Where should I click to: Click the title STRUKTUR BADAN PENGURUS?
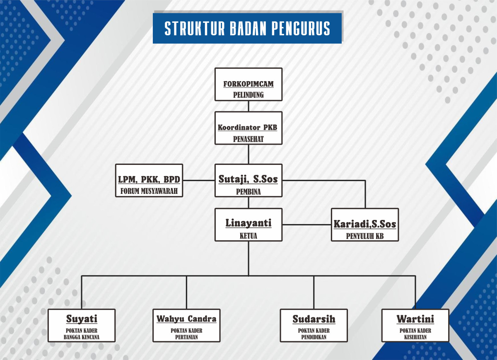click(x=247, y=28)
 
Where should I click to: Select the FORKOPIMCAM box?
click(x=248, y=85)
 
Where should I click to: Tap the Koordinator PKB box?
click(x=248, y=128)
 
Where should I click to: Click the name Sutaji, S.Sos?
click(x=248, y=179)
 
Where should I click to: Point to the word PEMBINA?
click(x=248, y=192)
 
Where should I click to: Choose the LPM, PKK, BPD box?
click(x=149, y=181)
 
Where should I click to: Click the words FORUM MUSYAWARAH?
click(x=149, y=191)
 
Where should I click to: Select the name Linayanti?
click(x=248, y=223)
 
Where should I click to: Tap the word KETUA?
click(x=248, y=236)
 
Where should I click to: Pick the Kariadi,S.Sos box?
click(x=365, y=225)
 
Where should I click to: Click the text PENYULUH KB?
click(x=365, y=236)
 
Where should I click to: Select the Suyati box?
click(x=82, y=325)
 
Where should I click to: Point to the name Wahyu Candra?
click(x=186, y=319)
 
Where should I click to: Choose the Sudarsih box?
click(x=314, y=325)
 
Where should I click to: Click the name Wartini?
click(x=415, y=319)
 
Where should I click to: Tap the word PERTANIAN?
click(x=186, y=337)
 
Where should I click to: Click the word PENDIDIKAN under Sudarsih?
click(x=314, y=337)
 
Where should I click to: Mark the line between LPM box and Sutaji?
click(x=199, y=181)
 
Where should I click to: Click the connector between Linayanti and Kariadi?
click(x=307, y=225)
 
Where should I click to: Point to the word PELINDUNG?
click(x=248, y=95)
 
